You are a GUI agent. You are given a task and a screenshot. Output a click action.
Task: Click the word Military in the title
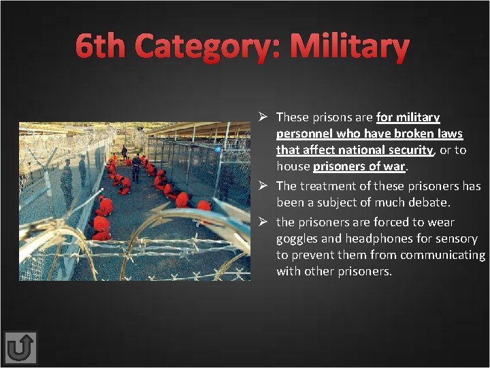(349, 47)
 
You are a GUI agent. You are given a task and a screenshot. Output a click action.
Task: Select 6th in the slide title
(102, 47)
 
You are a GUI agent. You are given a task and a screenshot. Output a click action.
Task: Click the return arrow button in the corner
(20, 348)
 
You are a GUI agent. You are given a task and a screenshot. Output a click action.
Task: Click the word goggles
(297, 239)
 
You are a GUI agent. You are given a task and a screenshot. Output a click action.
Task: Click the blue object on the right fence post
(218, 149)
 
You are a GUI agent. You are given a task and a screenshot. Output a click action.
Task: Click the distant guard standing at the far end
(124, 151)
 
